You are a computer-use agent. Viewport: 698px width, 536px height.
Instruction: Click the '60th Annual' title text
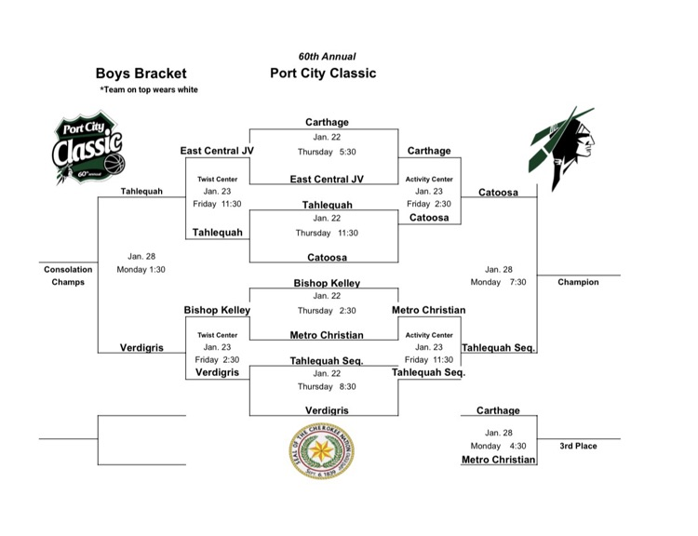click(x=323, y=56)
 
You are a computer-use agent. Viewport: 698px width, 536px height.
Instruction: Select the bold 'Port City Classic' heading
click(x=323, y=74)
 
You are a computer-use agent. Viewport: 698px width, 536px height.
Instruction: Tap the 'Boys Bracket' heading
click(x=141, y=74)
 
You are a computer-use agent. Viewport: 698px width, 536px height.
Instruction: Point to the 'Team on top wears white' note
click(x=149, y=89)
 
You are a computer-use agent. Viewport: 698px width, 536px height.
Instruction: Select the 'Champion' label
click(x=578, y=282)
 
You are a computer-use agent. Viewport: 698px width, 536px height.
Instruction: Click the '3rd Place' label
click(x=578, y=446)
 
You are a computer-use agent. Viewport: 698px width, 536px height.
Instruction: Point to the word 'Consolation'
click(x=68, y=270)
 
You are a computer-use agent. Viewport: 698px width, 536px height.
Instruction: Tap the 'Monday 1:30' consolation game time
click(x=141, y=270)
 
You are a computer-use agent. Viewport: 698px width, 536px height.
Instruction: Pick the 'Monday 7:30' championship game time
click(x=498, y=282)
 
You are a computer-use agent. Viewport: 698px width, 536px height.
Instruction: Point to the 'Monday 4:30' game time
click(x=498, y=446)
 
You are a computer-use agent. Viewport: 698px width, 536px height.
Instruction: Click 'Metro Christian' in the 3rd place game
click(x=498, y=459)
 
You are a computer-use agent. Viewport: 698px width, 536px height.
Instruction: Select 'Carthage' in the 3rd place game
click(x=498, y=410)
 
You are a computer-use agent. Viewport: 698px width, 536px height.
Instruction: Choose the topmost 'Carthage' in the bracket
click(x=327, y=122)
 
